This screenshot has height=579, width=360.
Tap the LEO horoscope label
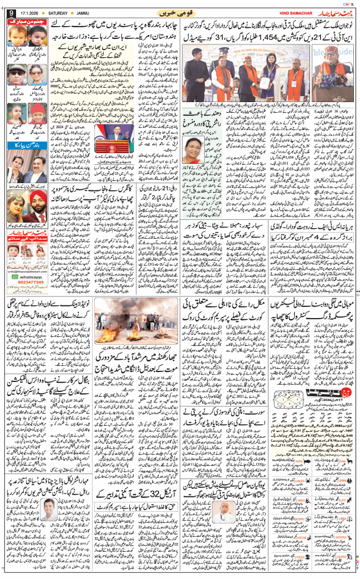tap(343, 499)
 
